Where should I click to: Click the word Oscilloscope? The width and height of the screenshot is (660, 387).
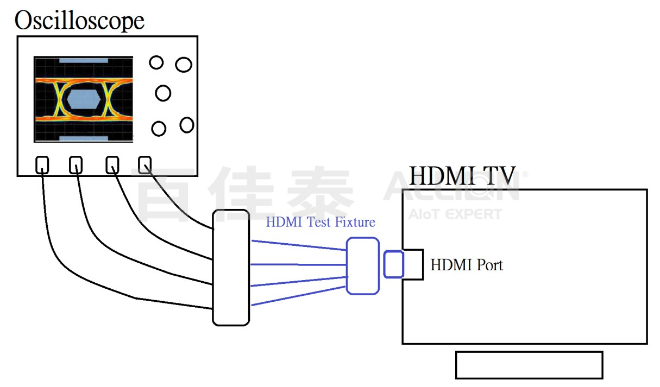79,21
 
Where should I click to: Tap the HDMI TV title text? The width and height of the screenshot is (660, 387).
462,176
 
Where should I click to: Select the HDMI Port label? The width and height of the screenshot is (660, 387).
467,265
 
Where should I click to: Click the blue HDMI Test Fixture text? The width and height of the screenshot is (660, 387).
320,222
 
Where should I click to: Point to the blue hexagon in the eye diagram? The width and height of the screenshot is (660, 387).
84,99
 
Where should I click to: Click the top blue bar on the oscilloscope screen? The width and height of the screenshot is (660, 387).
84,61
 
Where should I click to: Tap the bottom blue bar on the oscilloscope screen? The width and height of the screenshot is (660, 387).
84,138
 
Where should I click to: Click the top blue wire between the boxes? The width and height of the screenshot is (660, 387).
299,245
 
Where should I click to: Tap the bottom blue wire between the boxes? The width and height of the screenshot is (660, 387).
298,296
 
